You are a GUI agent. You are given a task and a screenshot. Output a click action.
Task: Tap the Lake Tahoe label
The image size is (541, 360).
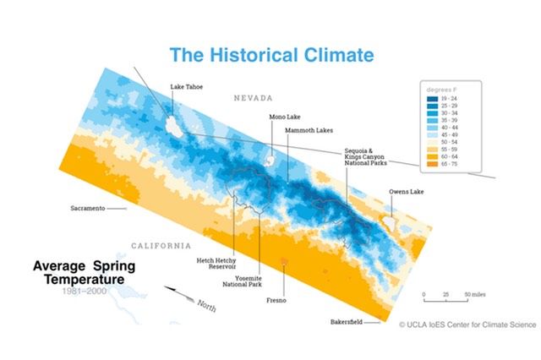186,86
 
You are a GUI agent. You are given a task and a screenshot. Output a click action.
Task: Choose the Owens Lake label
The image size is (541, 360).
407,192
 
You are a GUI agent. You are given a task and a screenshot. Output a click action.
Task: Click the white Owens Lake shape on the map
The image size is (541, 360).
390,223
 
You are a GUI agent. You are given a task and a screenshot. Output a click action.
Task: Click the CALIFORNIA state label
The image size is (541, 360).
161,245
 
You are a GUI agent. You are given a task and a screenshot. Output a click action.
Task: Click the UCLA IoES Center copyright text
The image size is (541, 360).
462,324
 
